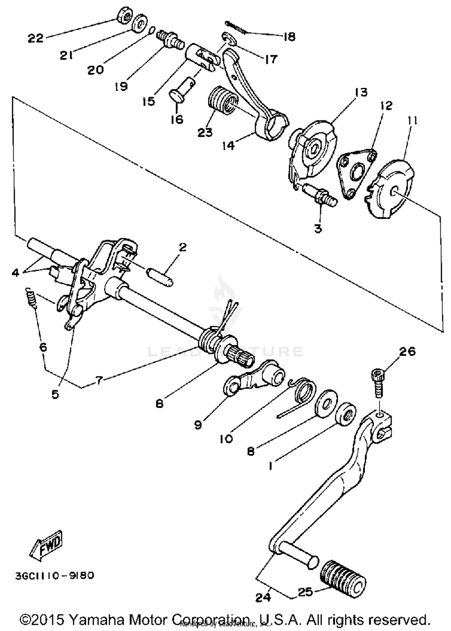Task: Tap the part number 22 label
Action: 36,38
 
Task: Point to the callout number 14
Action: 229,145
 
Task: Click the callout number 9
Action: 198,425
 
